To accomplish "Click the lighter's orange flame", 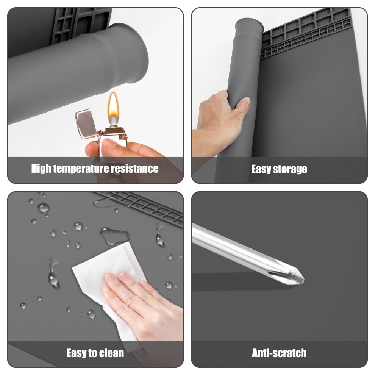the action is coord(113,109).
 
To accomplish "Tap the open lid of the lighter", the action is coord(85,124).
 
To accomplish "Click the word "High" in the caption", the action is coord(41,169).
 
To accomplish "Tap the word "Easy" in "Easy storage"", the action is coord(261,169).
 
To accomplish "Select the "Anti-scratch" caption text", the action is coord(279,353).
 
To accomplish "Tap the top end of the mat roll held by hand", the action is coord(249,26).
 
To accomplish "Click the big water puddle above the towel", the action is coord(114,236).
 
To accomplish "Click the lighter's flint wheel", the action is coord(123,138).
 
